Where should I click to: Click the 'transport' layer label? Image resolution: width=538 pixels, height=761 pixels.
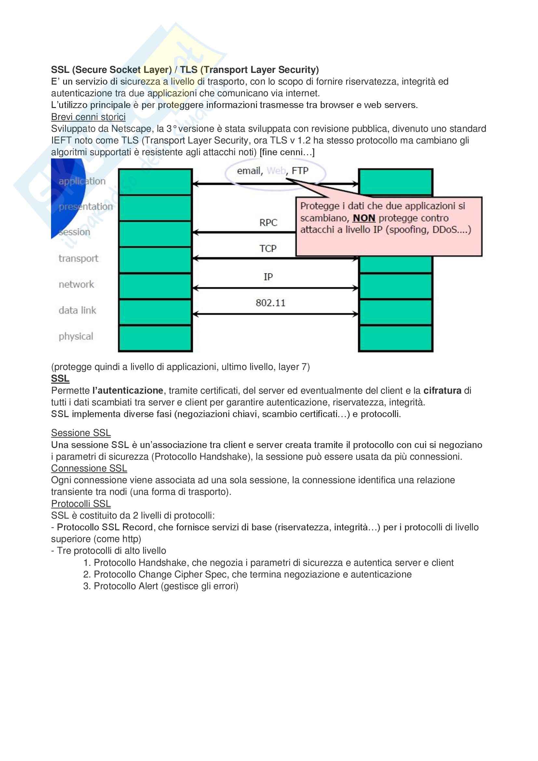[78, 258]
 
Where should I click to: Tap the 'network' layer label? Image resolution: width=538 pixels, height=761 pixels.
[76, 284]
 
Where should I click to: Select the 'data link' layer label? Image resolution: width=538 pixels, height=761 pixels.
[77, 310]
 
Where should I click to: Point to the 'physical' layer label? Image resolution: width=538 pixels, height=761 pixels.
[76, 336]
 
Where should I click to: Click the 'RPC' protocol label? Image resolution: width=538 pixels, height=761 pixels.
[268, 223]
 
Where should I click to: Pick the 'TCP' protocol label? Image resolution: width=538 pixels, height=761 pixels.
[268, 248]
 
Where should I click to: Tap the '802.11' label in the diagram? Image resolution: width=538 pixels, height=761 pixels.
[270, 303]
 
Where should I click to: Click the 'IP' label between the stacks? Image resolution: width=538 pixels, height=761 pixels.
[268, 277]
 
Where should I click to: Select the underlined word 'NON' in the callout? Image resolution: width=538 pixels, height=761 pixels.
[364, 218]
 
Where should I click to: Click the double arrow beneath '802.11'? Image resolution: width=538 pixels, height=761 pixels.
[275, 314]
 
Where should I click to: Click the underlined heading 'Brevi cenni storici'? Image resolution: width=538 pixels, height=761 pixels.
[88, 117]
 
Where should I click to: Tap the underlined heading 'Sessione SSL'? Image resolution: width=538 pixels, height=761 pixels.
[81, 433]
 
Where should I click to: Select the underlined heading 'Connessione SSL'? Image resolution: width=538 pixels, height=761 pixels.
[89, 468]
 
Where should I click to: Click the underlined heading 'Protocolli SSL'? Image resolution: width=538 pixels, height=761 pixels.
[81, 504]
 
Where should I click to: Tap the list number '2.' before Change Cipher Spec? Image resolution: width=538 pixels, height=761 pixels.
[87, 574]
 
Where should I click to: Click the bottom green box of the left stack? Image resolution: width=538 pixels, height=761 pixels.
[155, 338]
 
